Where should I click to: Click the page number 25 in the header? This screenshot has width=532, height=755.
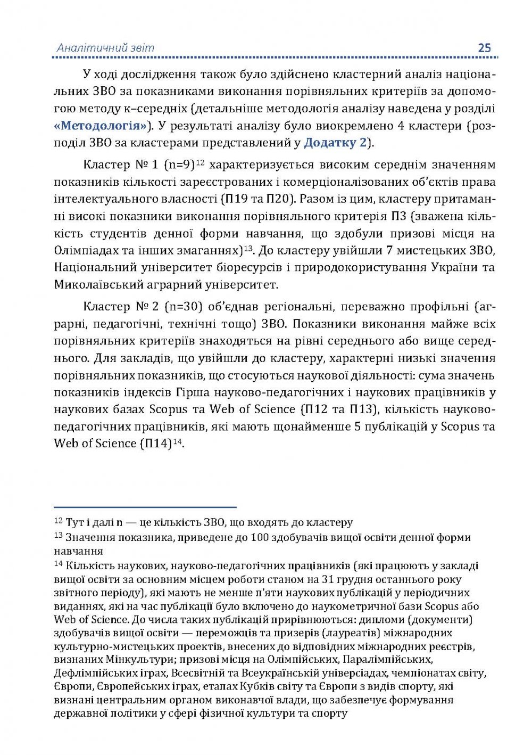[484, 47]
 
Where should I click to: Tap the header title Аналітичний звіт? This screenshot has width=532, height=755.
[105, 47]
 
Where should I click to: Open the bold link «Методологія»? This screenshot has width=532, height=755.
[101, 126]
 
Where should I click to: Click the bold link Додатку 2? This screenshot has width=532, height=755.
[335, 143]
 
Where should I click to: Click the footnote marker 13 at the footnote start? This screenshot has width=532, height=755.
[59, 536]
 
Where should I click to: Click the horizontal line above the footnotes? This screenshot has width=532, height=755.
[145, 507]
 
